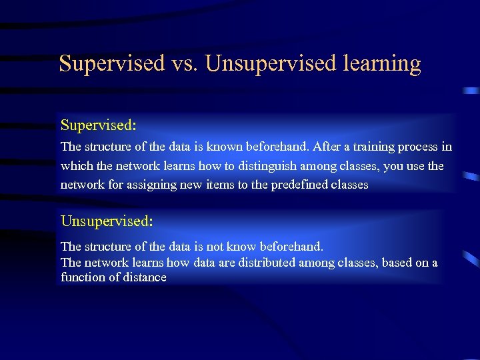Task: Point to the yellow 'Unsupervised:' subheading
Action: (x=107, y=220)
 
